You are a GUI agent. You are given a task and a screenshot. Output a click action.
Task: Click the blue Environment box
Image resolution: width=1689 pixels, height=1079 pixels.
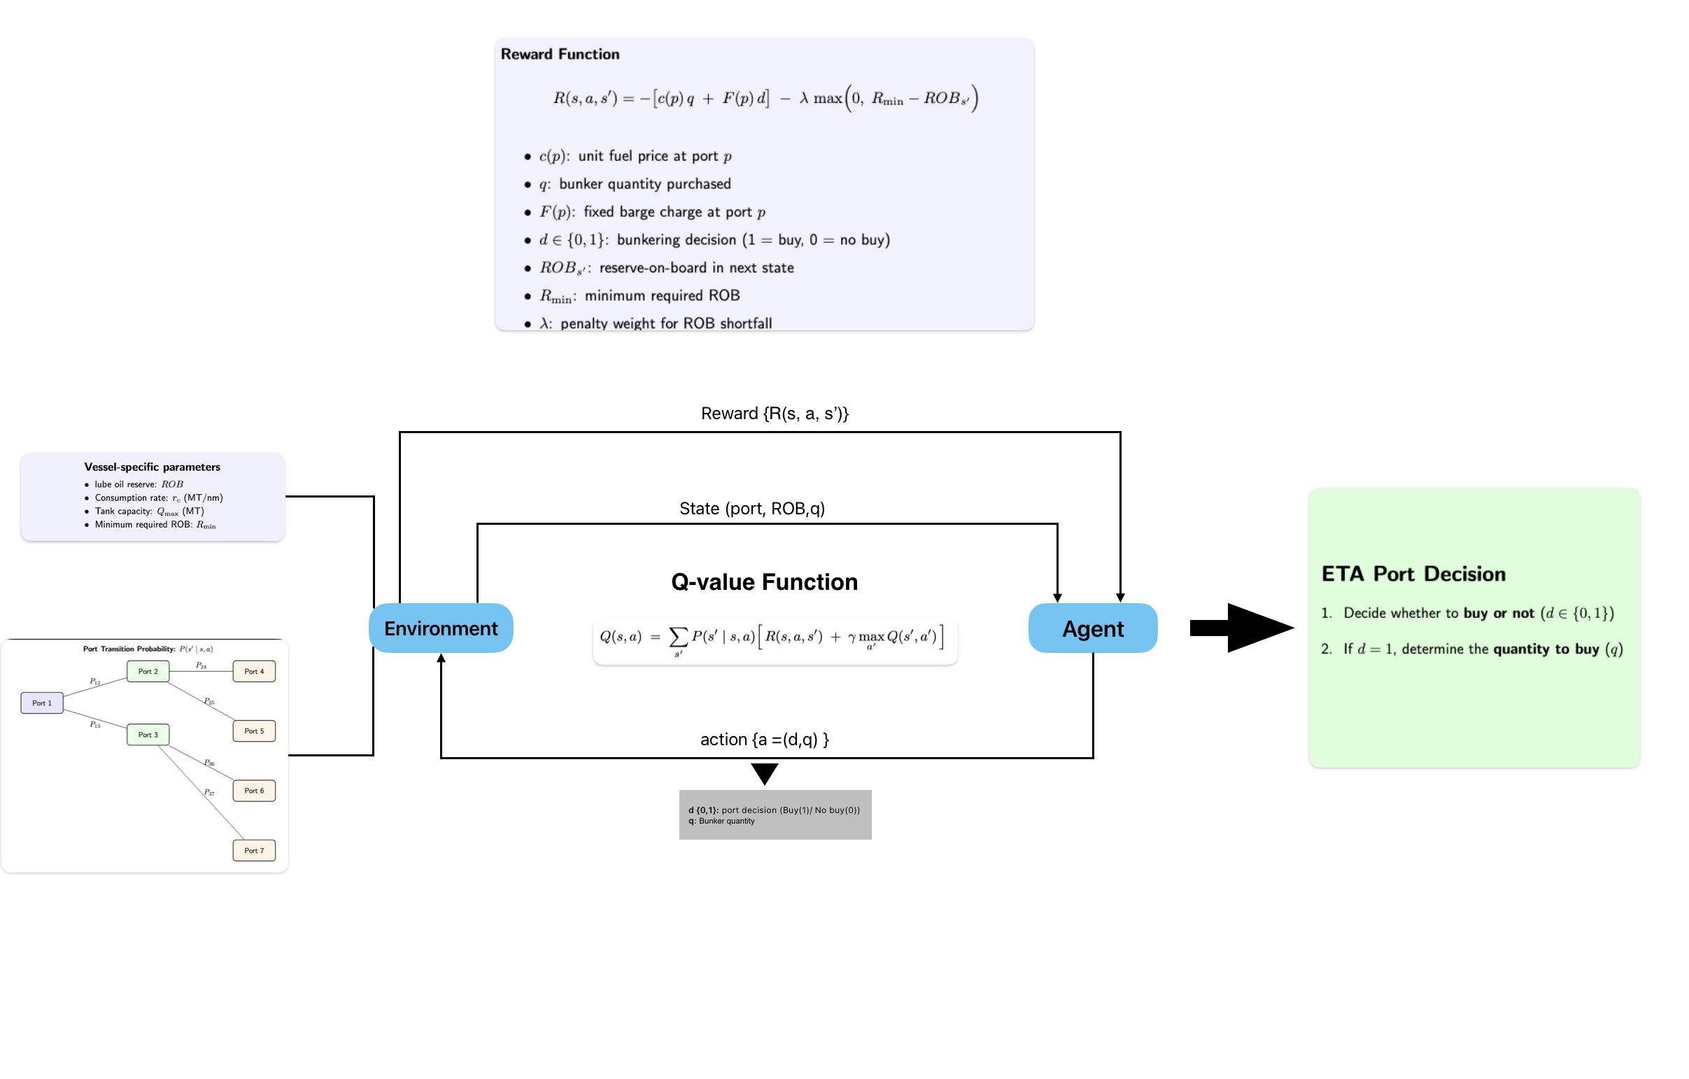pos(441,628)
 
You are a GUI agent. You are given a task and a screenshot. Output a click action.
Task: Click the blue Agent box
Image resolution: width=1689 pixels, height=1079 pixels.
pos(1092,628)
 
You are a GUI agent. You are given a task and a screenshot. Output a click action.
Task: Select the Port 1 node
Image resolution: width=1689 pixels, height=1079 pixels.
pos(42,703)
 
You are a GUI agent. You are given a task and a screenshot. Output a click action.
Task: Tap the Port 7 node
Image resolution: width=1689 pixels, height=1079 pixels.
pos(254,850)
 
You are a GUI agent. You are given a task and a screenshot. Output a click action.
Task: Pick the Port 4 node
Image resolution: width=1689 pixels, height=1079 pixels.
pos(254,671)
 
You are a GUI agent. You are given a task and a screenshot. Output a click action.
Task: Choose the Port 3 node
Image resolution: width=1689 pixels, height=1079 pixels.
pos(148,735)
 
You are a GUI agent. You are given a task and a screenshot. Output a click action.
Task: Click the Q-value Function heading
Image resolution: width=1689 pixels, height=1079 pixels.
pos(764,581)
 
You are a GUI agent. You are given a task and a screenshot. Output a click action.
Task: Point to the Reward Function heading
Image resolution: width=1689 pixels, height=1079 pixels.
pos(560,54)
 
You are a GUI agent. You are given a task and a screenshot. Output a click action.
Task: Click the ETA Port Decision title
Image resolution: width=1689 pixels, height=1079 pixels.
pos(1413,574)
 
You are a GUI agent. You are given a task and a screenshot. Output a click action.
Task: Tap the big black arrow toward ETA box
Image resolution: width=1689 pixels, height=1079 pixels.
pos(1241,628)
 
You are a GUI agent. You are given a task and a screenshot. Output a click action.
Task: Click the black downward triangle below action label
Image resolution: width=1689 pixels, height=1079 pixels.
pos(765,773)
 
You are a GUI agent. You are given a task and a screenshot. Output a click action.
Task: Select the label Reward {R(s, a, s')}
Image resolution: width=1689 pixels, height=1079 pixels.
pos(775,414)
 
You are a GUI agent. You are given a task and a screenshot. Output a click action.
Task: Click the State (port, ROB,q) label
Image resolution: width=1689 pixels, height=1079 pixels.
pos(752,509)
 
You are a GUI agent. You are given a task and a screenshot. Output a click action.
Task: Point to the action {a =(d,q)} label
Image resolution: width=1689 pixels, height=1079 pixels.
pos(765,740)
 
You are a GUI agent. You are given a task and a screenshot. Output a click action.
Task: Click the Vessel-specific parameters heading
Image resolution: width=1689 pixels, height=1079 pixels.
pos(153,467)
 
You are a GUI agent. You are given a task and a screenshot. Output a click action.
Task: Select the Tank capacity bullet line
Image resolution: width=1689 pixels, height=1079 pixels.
pos(150,511)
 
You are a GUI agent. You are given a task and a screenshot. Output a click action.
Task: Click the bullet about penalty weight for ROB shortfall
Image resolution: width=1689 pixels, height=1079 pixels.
pos(656,323)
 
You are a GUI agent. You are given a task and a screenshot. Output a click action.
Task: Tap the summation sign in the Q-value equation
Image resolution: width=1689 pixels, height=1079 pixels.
pos(677,637)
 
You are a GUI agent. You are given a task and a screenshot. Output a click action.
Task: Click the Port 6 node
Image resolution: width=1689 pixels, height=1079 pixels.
pos(254,791)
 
